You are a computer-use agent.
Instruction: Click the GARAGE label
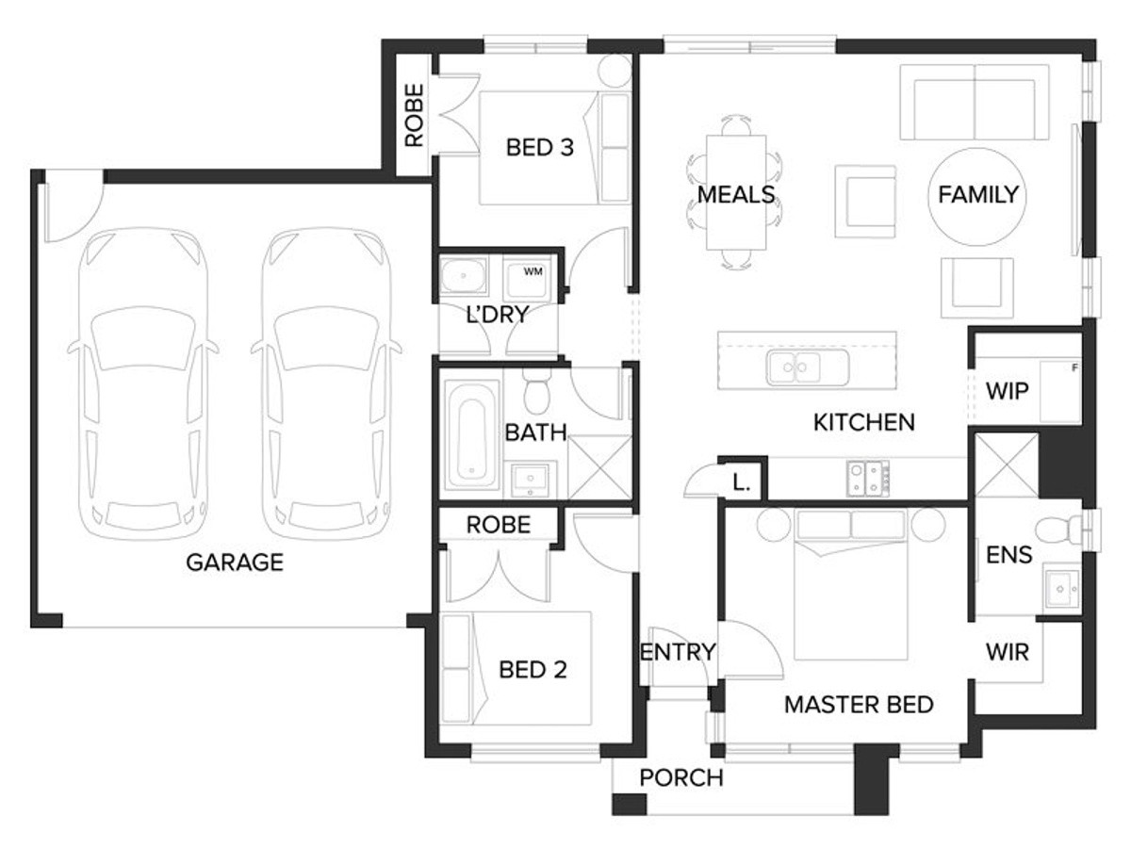(235, 563)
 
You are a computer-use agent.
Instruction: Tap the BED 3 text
(539, 148)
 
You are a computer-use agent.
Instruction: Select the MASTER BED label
(859, 705)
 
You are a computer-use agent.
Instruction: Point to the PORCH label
(681, 777)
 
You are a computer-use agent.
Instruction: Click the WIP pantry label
(1007, 391)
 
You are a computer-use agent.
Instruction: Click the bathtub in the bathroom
(472, 435)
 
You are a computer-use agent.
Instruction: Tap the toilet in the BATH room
(537, 390)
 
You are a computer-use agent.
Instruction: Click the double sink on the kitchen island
(807, 367)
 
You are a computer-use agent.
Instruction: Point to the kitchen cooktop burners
(868, 479)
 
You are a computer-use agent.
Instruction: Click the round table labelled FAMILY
(977, 197)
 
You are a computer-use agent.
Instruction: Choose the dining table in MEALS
(736, 192)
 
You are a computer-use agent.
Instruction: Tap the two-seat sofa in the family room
(974, 102)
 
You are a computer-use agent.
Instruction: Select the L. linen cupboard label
(741, 483)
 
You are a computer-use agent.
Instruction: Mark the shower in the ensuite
(1006, 465)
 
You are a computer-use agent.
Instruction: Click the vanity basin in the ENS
(1061, 588)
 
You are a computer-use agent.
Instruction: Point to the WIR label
(1008, 652)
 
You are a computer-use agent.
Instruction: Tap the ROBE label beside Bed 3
(415, 115)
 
